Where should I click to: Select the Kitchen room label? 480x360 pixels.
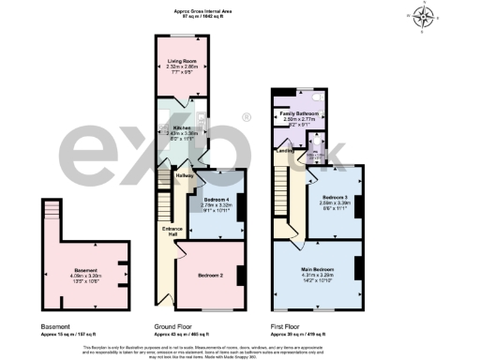pos(183,128)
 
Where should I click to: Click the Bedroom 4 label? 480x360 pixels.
pos(217,200)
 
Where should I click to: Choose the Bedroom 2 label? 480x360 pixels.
pos(210,277)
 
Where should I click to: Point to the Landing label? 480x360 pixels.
pos(285,149)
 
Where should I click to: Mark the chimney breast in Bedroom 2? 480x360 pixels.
pos(240,275)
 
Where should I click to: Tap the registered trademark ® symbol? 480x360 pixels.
pos(246,117)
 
